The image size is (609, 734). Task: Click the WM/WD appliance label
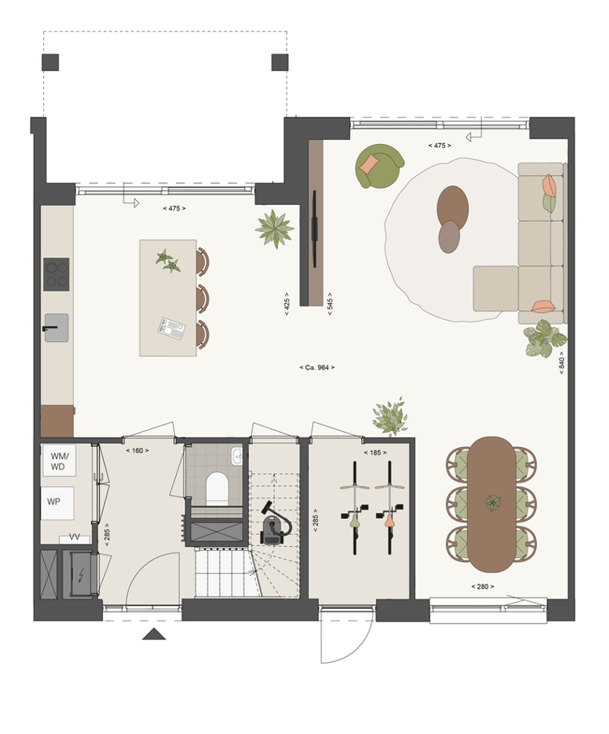pyautogui.click(x=59, y=461)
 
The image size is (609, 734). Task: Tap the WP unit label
pyautogui.click(x=53, y=501)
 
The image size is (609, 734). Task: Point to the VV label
pyautogui.click(x=74, y=537)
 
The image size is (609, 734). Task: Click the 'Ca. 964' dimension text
pyautogui.click(x=317, y=367)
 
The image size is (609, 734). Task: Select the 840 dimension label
pyautogui.click(x=562, y=363)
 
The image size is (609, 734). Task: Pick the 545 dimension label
pyautogui.click(x=330, y=304)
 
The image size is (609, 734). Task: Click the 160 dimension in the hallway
pyautogui.click(x=138, y=450)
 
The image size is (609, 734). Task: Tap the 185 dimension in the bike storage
pyautogui.click(x=376, y=453)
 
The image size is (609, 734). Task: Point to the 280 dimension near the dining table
pyautogui.click(x=483, y=587)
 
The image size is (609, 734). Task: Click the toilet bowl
pyautogui.click(x=217, y=488)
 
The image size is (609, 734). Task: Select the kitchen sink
pyautogui.click(x=57, y=328)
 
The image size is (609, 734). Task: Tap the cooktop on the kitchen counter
pyautogui.click(x=56, y=274)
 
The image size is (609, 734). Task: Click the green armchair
pyautogui.click(x=379, y=166)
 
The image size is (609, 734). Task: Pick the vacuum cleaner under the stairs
pyautogui.click(x=275, y=524)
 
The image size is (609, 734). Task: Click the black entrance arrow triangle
pyautogui.click(x=154, y=634)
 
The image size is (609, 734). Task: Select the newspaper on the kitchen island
pyautogui.click(x=172, y=328)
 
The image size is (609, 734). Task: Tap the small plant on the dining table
pyautogui.click(x=493, y=503)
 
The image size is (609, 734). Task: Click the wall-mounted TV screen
pyautogui.click(x=315, y=229)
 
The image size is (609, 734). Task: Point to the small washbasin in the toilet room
pyautogui.click(x=237, y=456)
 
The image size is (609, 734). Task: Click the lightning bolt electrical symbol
pyautogui.click(x=81, y=574)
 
